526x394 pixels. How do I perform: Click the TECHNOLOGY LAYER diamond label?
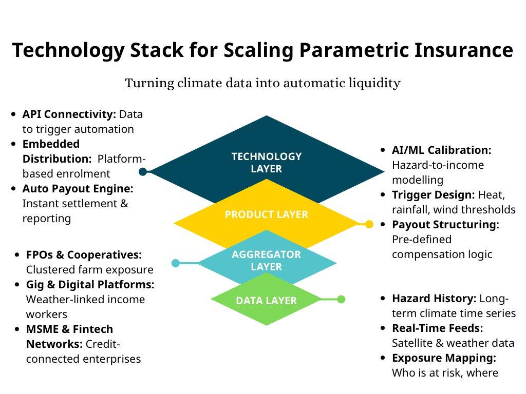[266, 162]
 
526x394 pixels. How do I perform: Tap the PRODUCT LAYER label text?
[266, 214]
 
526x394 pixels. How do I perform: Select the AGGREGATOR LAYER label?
[266, 261]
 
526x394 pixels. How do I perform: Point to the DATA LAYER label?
[266, 301]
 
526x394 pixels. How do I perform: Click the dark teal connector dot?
[143, 172]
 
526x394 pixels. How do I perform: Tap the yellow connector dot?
[369, 224]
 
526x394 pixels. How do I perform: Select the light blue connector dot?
[176, 263]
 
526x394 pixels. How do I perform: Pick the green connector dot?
[342, 299]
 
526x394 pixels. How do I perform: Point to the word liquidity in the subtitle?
[374, 83]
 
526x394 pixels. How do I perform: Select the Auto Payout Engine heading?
[78, 189]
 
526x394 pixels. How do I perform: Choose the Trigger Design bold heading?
[433, 195]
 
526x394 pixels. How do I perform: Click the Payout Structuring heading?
[445, 225]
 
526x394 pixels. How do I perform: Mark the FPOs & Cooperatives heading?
[84, 255]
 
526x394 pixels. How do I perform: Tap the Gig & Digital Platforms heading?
[90, 284]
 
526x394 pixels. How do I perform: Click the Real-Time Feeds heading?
[437, 328]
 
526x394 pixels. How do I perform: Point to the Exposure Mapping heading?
[444, 358]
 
